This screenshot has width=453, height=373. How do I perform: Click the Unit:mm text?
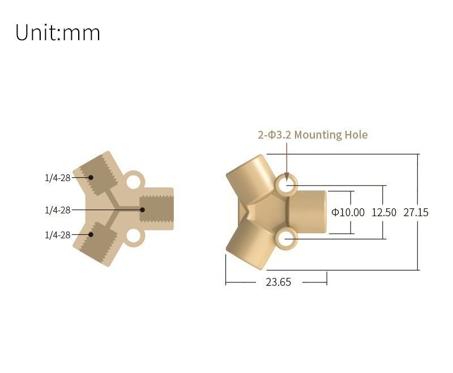58,33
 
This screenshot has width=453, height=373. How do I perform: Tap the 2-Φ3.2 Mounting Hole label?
313,135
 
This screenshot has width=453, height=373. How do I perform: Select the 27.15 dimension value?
416,213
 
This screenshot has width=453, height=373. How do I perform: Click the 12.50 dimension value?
384,213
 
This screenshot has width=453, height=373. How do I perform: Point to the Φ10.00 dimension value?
348,213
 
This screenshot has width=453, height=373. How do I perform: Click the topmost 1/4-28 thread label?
58,178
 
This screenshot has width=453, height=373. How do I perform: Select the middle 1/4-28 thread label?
58,210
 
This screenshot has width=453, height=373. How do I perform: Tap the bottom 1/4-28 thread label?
58,235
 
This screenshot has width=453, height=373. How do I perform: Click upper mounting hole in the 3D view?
287,185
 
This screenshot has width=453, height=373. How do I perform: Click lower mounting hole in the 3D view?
287,239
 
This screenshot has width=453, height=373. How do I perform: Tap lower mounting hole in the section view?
134,237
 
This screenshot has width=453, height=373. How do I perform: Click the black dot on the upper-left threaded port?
91,177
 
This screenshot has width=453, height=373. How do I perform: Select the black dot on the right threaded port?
143,210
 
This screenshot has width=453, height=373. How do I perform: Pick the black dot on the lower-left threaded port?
91,235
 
